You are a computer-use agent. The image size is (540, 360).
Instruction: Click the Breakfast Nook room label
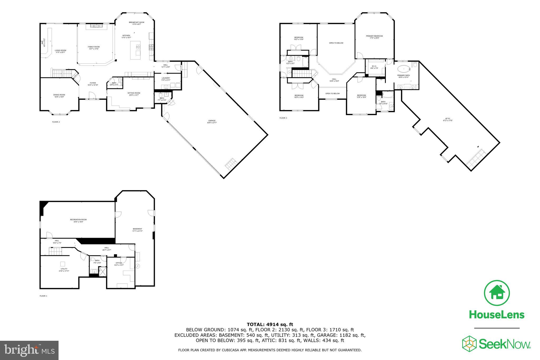point(137,22)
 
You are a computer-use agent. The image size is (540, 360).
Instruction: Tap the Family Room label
point(94,47)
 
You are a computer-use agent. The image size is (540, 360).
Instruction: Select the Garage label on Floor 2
point(212,121)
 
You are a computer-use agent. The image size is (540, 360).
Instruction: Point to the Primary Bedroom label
point(374,36)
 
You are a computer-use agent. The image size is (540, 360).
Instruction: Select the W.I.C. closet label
point(374,66)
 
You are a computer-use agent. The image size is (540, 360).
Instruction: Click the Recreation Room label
point(78,220)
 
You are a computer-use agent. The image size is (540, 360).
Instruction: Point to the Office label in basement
point(119,263)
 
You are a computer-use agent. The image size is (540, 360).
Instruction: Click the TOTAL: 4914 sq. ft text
point(270,324)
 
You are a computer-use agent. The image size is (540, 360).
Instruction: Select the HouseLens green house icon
point(497,294)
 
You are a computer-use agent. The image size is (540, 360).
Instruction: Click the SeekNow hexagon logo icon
point(469,344)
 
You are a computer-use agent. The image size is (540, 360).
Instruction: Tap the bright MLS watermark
point(29,350)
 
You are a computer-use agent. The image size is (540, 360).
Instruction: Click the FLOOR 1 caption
point(43,296)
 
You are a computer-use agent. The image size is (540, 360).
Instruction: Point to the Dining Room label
point(59,95)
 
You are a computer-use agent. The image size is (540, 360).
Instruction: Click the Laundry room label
point(166,78)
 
